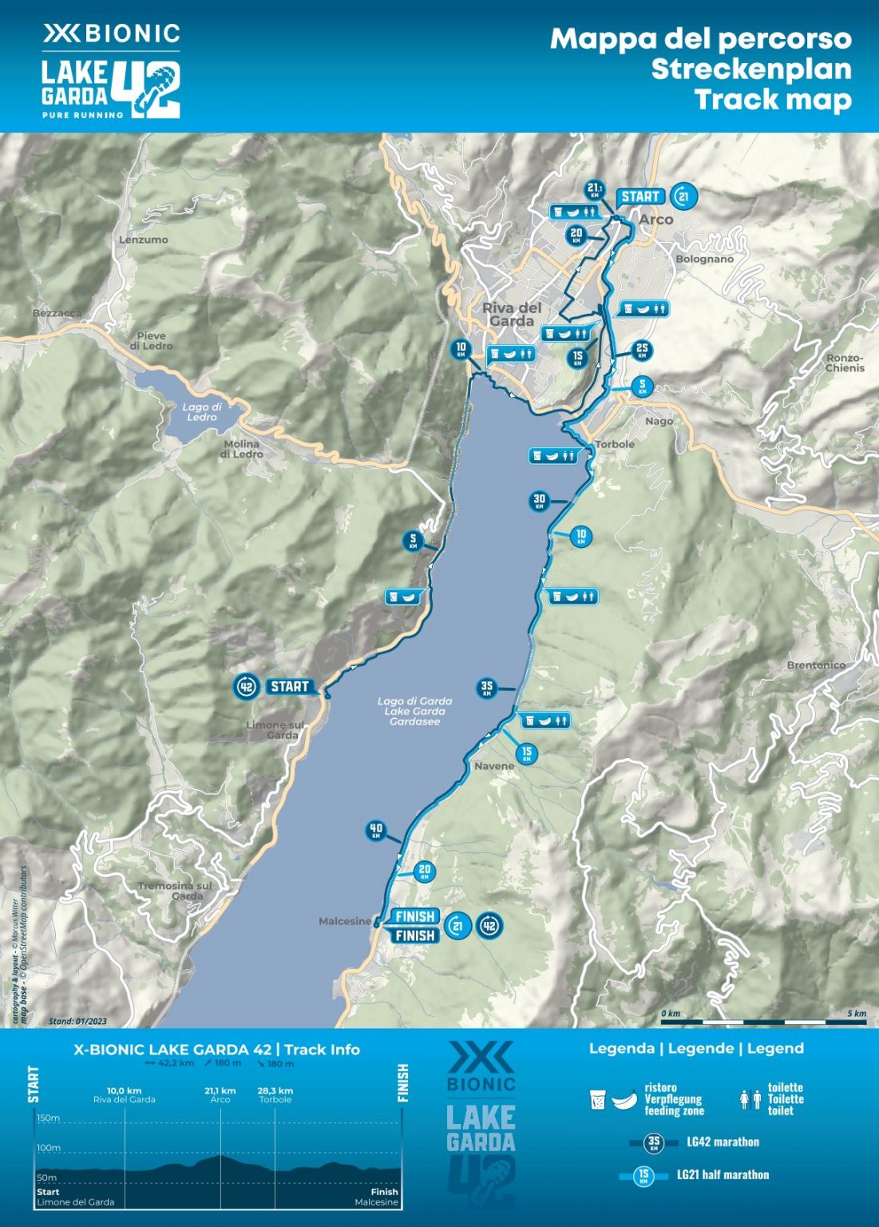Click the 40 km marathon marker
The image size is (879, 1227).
[x=376, y=831]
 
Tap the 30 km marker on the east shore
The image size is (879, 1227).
[x=540, y=502]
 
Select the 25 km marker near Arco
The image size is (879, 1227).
[x=641, y=350]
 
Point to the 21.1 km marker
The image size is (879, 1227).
[x=595, y=190]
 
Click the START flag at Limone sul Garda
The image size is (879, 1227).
[x=289, y=686]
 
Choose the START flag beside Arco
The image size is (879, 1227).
[x=640, y=197]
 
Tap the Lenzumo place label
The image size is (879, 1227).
[x=144, y=240]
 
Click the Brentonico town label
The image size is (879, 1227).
[x=815, y=665]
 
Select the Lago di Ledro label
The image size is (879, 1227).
[x=202, y=411]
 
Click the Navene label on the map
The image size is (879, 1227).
[x=494, y=766]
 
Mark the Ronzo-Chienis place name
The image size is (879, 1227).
[x=845, y=363]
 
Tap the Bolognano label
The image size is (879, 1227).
[x=704, y=259]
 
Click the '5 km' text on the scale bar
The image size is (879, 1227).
[x=856, y=1013]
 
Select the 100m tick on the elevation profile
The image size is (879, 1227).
[x=49, y=1148]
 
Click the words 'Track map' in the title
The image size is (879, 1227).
[x=772, y=100]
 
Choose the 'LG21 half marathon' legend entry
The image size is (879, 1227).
[x=723, y=1174]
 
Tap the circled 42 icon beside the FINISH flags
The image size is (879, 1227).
[x=489, y=926]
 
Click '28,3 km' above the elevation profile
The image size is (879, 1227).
[x=275, y=1090]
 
